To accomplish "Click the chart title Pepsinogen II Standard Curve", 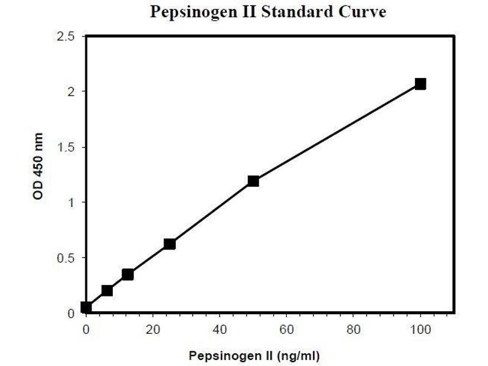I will tap(268, 13).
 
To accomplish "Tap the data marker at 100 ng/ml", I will tap(420, 84).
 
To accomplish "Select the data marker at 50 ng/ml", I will tap(253, 181).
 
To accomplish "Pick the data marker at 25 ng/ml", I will tap(170, 243).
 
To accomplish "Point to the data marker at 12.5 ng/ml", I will tap(127, 274).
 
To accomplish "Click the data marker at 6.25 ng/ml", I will tap(107, 290).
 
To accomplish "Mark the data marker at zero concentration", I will tap(86, 307).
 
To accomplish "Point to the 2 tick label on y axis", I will tap(72, 91).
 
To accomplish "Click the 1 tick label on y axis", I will tap(72, 203).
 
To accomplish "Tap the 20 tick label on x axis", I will tap(152, 329).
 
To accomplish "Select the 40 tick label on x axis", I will tap(220, 329).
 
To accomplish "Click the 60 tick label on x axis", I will tap(286, 329).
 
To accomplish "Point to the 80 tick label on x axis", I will tap(353, 329).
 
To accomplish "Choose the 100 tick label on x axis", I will tap(420, 329).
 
